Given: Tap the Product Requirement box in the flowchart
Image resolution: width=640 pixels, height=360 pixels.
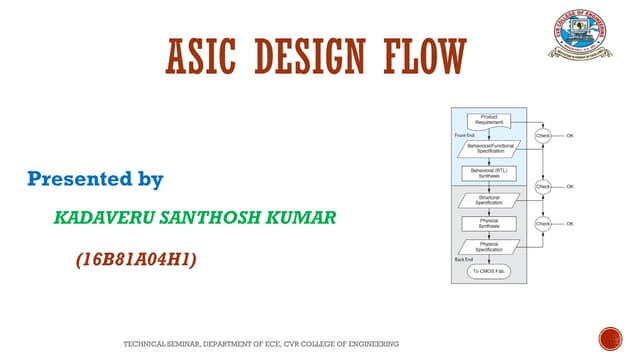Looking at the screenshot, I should (x=490, y=121).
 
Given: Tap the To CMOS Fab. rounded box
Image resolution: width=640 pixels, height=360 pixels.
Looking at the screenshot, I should (x=490, y=271).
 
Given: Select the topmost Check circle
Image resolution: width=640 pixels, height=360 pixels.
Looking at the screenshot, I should (x=543, y=135).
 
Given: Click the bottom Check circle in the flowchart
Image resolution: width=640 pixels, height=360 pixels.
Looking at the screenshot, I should (x=543, y=224).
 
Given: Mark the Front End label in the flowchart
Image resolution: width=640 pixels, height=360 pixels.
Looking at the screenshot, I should (x=463, y=135).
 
